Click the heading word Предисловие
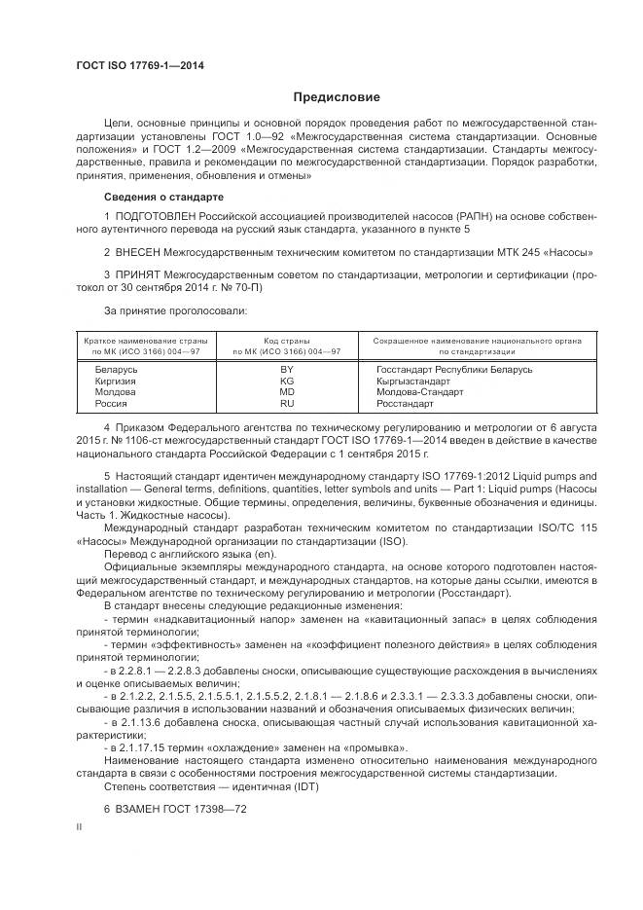337,97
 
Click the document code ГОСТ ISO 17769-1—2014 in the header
140,65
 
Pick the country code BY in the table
287,370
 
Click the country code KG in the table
287,381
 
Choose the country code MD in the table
287,391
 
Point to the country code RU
287,402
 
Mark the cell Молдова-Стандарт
419,391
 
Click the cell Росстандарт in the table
405,402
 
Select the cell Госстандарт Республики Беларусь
454,370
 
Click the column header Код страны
287,341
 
